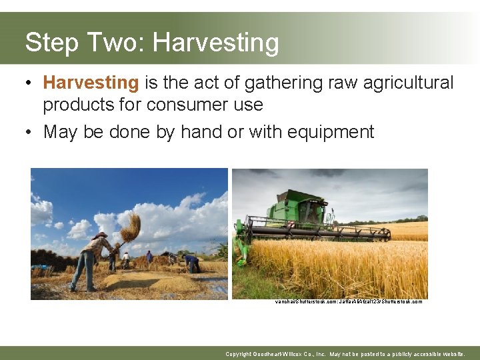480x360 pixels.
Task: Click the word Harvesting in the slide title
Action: pos(215,43)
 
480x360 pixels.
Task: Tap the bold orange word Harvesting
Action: pos(91,83)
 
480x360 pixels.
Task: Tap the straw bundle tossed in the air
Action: pos(131,227)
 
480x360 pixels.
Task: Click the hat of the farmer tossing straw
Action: pos(101,235)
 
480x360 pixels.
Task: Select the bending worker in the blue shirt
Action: pos(191,262)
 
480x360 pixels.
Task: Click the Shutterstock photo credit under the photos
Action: pos(348,301)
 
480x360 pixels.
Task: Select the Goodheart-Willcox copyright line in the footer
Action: pos(345,354)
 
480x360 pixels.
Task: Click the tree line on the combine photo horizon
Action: pos(407,219)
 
